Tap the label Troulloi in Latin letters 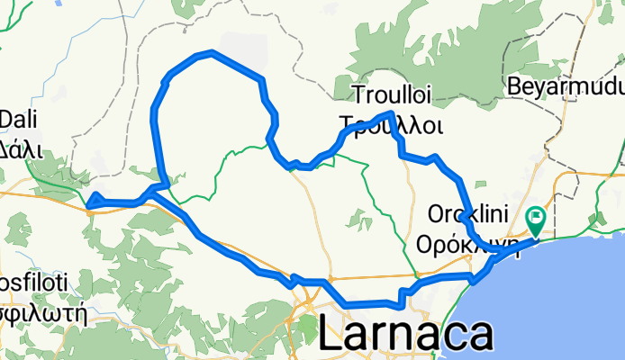pyautogui.click(x=397, y=94)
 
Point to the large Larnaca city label pyautogui.click(x=406, y=336)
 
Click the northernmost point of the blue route pyautogui.click(x=211, y=52)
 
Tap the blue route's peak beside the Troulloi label pyautogui.click(x=391, y=113)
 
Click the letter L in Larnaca pyautogui.click(x=330, y=337)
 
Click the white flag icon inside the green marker pyautogui.click(x=539, y=216)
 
